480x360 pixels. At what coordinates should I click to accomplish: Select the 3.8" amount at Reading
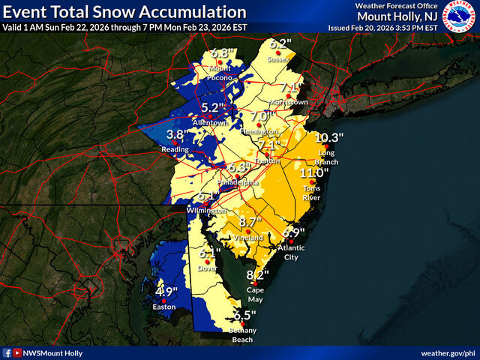click(175, 135)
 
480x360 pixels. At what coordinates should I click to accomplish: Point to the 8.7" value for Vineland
click(249, 223)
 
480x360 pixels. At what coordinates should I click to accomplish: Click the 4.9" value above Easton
click(165, 292)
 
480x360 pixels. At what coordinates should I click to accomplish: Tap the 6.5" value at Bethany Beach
click(244, 316)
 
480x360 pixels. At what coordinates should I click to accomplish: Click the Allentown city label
click(205, 122)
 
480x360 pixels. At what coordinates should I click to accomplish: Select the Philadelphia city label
click(239, 182)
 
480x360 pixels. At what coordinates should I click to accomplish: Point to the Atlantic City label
click(292, 250)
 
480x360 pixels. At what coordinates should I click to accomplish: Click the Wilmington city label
click(207, 211)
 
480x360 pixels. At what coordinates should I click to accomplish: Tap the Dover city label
click(206, 268)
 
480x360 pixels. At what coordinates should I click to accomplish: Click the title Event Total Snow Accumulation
click(125, 13)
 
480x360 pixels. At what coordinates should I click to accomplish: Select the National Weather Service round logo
click(460, 16)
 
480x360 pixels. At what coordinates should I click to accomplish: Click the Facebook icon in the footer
click(7, 352)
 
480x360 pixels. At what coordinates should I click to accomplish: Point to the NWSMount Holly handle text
click(52, 352)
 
